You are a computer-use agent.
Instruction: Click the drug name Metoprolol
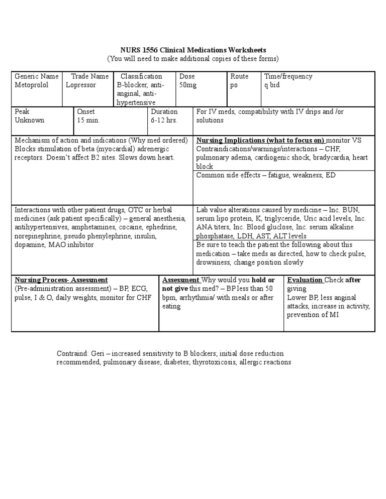32,85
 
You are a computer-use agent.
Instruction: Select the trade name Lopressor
81,85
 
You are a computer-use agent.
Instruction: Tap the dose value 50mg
188,85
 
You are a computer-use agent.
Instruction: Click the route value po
235,85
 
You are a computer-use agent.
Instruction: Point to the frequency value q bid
272,85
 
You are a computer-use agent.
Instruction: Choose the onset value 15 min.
88,120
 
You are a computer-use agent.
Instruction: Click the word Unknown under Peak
30,120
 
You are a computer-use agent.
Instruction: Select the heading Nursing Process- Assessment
61,280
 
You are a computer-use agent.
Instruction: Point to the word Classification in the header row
141,76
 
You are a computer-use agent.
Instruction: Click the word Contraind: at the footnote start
72,353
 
